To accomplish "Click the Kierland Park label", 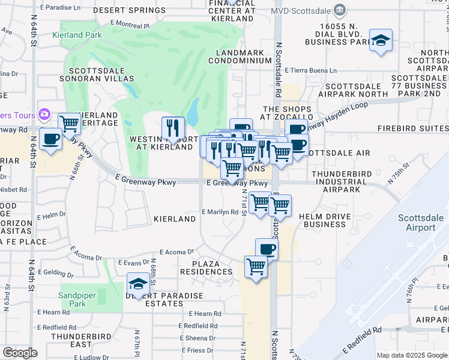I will [x=76, y=35].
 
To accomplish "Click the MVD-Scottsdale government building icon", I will [x=340, y=10].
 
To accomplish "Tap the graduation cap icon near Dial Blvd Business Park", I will [x=381, y=40].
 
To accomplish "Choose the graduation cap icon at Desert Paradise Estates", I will [x=138, y=284].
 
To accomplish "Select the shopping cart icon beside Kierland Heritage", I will [x=70, y=124].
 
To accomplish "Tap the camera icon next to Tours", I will [x=44, y=114].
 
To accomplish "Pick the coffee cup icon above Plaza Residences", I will [x=267, y=249].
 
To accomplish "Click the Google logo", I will [x=20, y=353].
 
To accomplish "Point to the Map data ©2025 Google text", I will [x=411, y=355].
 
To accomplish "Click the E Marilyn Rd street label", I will [x=220, y=212].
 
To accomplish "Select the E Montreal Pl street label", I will [x=130, y=25].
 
